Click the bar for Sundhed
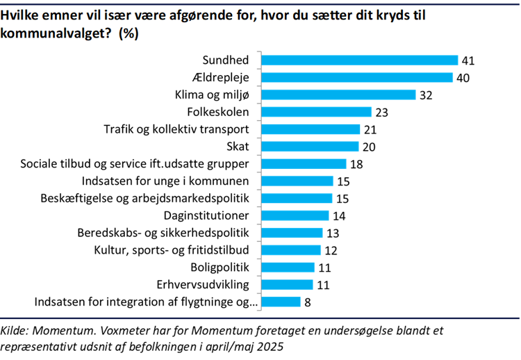(x=360, y=61)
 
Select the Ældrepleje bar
(x=357, y=78)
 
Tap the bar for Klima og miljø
(x=338, y=95)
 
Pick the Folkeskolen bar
(x=317, y=112)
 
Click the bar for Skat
(x=311, y=146)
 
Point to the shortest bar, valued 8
(x=281, y=302)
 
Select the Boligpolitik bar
(x=288, y=267)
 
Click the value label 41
(x=468, y=61)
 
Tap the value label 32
(x=426, y=95)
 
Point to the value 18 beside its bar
(x=356, y=164)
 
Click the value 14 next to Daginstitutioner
(x=339, y=215)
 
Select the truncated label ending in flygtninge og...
(x=147, y=302)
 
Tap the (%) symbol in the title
(x=129, y=34)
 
